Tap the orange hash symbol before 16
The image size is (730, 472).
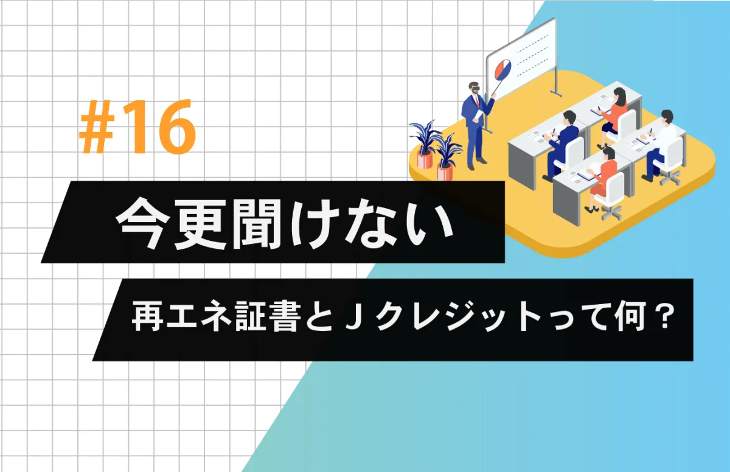click(x=97, y=127)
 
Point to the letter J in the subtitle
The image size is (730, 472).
click(x=353, y=315)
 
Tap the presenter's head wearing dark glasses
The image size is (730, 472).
click(x=474, y=88)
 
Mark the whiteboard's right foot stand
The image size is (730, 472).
click(x=556, y=93)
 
